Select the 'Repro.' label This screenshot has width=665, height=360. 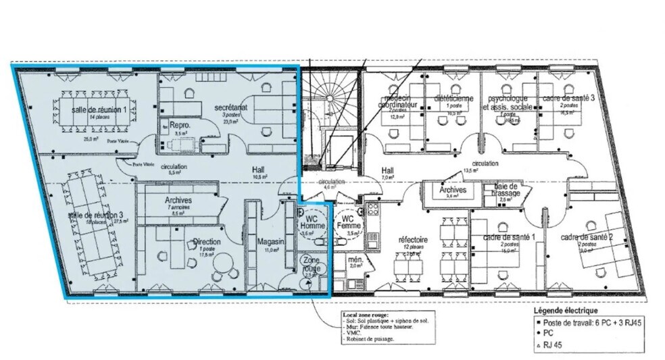coord(178,126)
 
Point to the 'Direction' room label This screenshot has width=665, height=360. coord(207,241)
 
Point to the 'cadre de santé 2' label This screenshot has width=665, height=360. coord(587,238)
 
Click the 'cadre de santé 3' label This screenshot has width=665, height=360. coord(568,99)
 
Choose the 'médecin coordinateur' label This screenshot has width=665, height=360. coord(400,101)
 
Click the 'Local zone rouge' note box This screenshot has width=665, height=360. coord(386,326)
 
